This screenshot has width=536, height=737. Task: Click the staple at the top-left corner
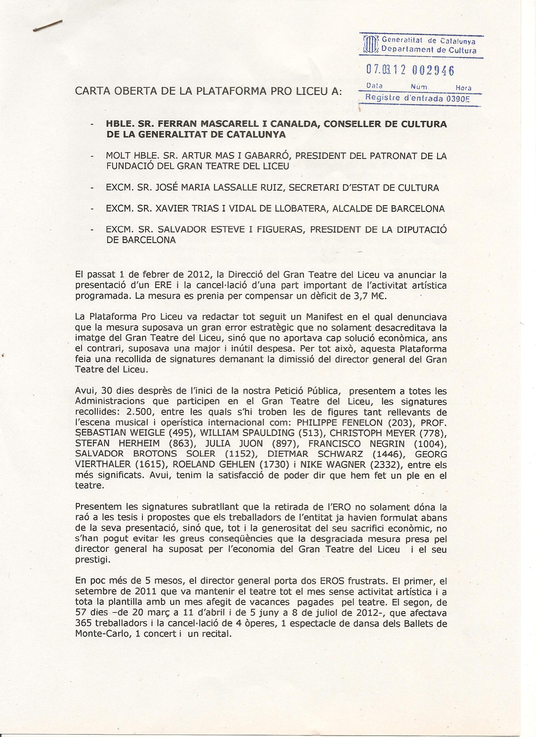click(x=48, y=26)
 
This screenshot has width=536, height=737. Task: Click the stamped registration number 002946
click(x=433, y=70)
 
